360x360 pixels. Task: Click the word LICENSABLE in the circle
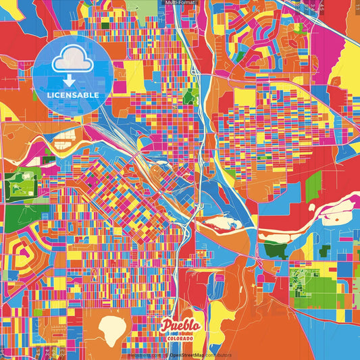click(73, 95)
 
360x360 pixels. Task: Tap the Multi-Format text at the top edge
click(180, 3)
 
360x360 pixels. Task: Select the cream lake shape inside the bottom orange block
click(117, 330)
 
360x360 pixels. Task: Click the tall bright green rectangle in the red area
click(313, 186)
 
